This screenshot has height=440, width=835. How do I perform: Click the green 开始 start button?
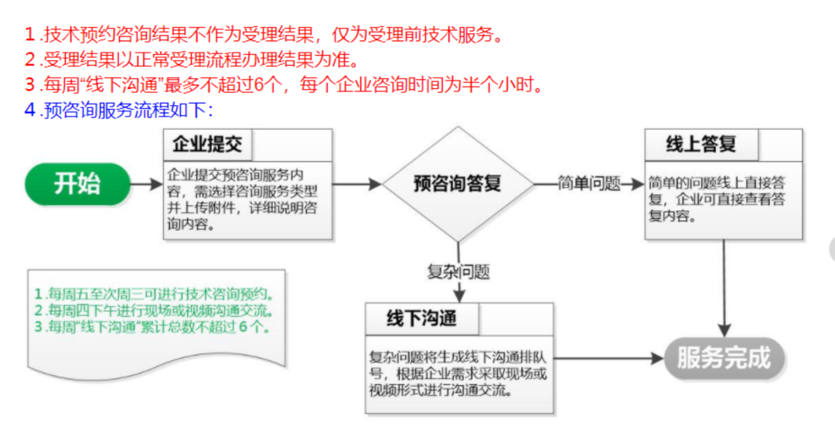click(x=78, y=184)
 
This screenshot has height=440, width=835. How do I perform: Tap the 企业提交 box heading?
click(x=207, y=145)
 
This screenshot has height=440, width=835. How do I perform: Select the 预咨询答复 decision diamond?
click(x=458, y=184)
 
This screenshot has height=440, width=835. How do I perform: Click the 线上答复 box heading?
click(x=700, y=145)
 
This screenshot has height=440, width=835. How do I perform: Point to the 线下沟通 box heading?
click(x=422, y=319)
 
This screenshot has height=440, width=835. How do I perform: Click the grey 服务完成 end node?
click(x=724, y=358)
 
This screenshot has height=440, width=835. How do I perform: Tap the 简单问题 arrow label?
click(x=589, y=184)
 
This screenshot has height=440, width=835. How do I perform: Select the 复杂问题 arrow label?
click(x=458, y=271)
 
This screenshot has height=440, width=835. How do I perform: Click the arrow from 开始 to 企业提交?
click(x=147, y=184)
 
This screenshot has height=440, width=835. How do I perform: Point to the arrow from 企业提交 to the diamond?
click(x=357, y=184)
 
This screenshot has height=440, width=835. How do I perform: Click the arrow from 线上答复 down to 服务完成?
click(x=724, y=288)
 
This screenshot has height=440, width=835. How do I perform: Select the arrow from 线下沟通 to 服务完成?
click(x=609, y=358)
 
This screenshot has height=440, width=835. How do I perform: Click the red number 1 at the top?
click(x=30, y=35)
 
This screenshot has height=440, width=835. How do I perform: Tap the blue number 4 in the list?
click(x=30, y=111)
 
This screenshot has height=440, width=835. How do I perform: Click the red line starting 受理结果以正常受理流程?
click(x=200, y=60)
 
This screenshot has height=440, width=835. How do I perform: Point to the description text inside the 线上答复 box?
click(x=717, y=200)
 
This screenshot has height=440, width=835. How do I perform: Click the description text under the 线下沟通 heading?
click(x=458, y=373)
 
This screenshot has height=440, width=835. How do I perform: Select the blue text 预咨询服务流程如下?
click(x=128, y=111)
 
